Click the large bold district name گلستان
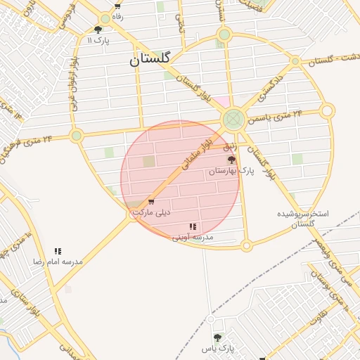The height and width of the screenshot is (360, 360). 150,60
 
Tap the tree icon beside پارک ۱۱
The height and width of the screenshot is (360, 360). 98,30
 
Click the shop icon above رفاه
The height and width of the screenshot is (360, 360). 117,6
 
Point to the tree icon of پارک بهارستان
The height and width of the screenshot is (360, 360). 231,160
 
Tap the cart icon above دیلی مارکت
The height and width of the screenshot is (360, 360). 151,202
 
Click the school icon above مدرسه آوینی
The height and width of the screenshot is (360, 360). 193,226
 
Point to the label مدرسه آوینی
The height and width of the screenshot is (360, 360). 193,237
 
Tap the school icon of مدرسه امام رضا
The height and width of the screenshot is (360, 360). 58,251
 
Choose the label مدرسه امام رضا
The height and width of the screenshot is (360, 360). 58,261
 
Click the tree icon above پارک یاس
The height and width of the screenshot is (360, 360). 217,337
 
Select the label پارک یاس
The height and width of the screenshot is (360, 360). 217,348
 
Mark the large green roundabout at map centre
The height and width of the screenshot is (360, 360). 233,120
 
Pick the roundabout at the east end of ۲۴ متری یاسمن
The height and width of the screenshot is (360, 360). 327,110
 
